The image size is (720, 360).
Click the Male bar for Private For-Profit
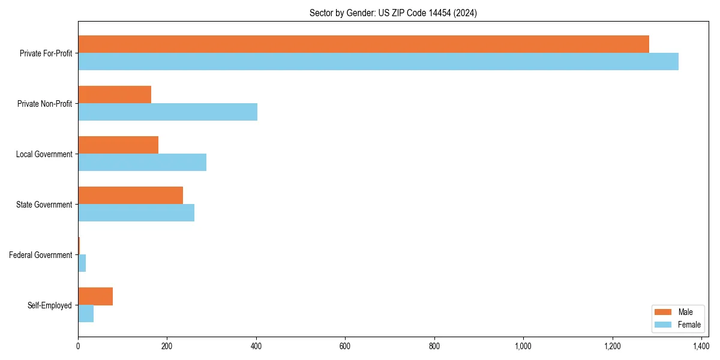(x=364, y=44)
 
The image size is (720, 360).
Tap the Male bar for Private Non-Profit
(x=115, y=94)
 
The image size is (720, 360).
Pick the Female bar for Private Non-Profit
(x=167, y=112)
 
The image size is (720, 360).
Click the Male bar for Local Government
(x=118, y=145)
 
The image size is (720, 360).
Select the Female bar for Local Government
(x=142, y=162)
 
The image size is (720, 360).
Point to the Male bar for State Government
(x=130, y=195)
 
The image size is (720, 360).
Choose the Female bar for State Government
(x=136, y=212)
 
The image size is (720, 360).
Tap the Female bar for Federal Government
(x=82, y=263)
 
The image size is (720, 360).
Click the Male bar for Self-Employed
(x=95, y=296)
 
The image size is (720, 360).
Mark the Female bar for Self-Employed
(x=86, y=313)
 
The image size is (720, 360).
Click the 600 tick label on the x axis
(x=345, y=346)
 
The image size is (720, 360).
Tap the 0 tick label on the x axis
(x=78, y=346)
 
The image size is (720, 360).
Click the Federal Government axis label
(x=41, y=255)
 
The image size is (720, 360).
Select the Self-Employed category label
(x=50, y=305)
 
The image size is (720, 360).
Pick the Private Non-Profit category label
(x=45, y=104)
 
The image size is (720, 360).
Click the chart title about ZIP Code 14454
(x=393, y=13)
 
